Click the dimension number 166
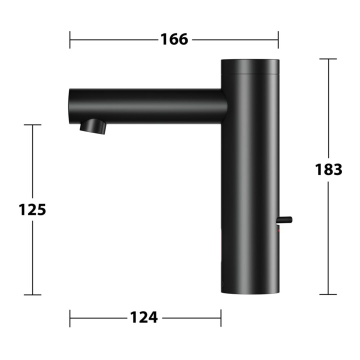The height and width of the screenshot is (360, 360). point(174,39)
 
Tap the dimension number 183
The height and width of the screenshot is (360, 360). point(328,169)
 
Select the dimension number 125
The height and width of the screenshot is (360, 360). point(32,209)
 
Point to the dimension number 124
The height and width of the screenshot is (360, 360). point(144,317)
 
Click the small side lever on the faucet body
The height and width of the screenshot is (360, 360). point(285,219)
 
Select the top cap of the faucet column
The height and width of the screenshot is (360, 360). point(250,66)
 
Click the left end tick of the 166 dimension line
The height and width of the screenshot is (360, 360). point(70,39)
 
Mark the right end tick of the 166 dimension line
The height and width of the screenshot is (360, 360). point(278,39)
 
